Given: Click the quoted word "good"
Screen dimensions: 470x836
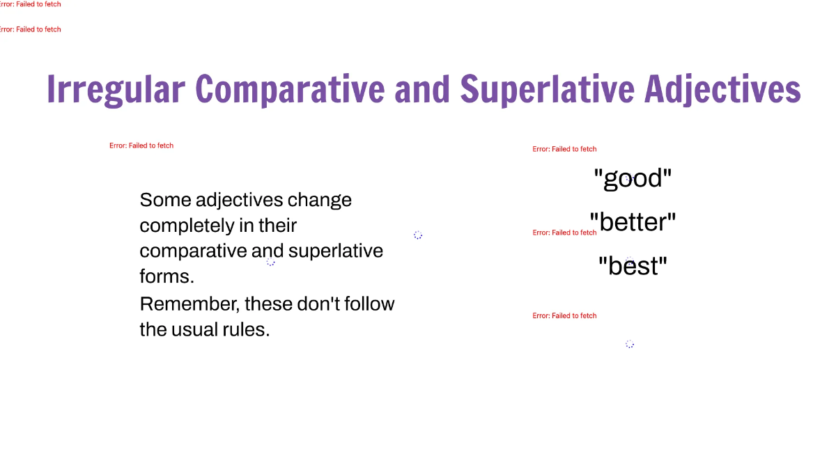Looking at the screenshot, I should [x=633, y=179].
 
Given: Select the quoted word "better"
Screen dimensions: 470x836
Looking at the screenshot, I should [x=633, y=223].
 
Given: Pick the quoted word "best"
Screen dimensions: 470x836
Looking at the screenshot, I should [x=633, y=267].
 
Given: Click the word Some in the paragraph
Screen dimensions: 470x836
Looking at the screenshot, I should [x=165, y=201].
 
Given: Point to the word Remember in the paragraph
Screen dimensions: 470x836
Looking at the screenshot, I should [x=187, y=304].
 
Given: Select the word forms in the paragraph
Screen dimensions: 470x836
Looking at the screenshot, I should [x=167, y=277].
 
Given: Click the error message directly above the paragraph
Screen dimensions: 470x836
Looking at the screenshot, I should [x=141, y=146].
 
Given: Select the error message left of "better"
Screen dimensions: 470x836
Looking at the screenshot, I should [x=564, y=233].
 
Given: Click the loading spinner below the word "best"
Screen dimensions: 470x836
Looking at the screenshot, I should [x=630, y=344].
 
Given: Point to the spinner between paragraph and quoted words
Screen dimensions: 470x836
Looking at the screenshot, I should [x=418, y=235].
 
